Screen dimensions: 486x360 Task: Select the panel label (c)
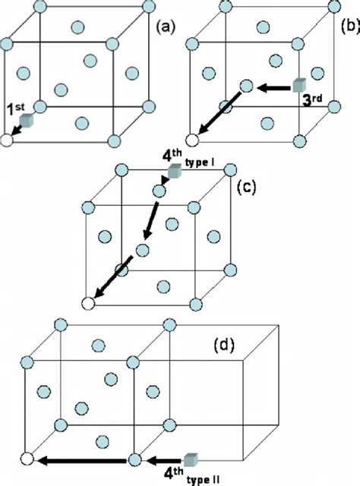pos(247,186)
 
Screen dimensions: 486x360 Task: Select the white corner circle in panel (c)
pos(89,304)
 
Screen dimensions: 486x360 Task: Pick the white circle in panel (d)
pos(27,459)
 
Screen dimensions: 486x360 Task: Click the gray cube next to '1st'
pos(27,121)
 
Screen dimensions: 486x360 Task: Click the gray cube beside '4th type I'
pos(174,173)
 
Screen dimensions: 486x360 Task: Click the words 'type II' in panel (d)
pos(201,477)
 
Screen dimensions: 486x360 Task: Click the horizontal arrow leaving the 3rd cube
pos(271,87)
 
